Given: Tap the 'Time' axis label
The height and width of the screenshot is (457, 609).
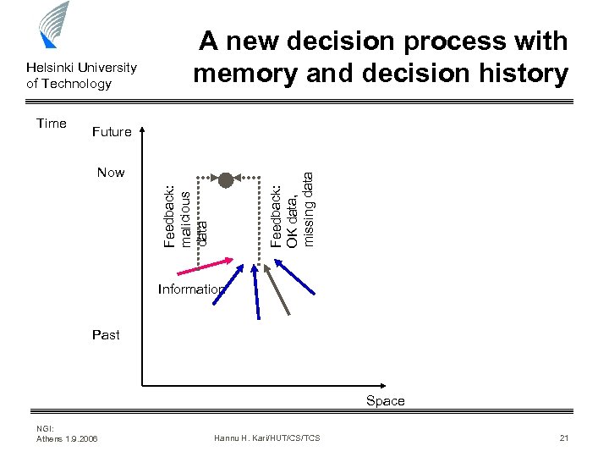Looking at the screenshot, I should tap(52, 124).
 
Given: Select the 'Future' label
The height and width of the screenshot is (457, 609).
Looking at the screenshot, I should tap(112, 132).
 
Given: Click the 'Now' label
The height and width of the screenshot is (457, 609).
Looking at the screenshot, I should tap(111, 173).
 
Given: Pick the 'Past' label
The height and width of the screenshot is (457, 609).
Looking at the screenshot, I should tap(106, 335).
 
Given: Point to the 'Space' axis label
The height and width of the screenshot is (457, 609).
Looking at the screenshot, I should tap(386, 401).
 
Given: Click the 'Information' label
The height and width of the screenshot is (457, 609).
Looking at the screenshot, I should tap(191, 289).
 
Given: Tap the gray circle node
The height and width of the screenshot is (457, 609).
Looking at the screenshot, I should tap(226, 179).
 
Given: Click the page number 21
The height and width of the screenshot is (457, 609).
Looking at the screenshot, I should tap(564, 438).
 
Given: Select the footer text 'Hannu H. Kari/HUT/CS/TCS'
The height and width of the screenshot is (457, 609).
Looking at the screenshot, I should tap(267, 438).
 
